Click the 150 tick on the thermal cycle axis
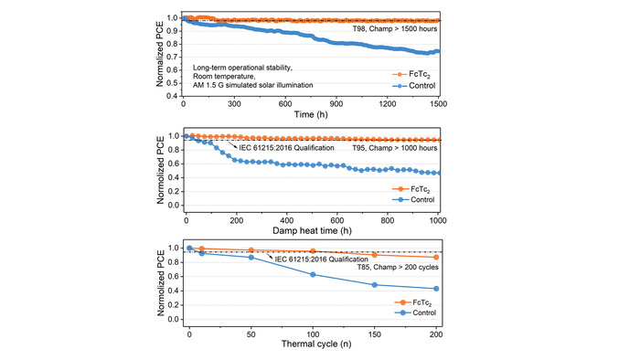[x=375, y=335]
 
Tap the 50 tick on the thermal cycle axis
[x=251, y=335]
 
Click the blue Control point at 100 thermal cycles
[x=313, y=275]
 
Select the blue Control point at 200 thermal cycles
[x=436, y=289]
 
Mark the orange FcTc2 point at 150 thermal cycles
[x=375, y=255]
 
